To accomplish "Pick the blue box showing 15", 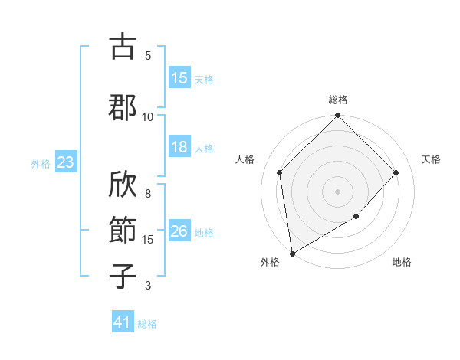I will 179,78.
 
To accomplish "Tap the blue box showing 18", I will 179,147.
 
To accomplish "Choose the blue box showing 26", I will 179,231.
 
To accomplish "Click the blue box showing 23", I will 65,162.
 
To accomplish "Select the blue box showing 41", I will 123,322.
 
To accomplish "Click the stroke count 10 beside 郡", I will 148,116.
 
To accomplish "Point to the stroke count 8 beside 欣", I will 148,185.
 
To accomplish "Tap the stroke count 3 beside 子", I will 148,286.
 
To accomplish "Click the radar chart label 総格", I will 338,100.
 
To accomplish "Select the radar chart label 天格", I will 431,159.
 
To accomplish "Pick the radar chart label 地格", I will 402,262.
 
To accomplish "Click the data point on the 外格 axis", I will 292,253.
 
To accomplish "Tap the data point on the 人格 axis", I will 280,172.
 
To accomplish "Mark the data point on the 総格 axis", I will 338,116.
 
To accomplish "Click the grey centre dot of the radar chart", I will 338,191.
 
